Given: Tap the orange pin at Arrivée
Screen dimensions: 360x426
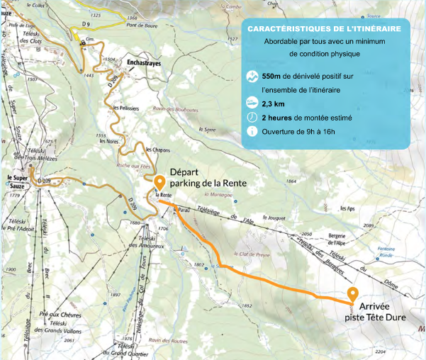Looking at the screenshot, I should click(352, 295).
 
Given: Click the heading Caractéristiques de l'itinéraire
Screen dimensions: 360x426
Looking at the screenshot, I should click(328, 29).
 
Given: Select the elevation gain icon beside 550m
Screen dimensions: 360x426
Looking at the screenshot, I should click(252, 77).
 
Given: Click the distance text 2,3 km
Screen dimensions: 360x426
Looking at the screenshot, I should click(274, 103).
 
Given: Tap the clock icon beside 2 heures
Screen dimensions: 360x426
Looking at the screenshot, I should click(252, 117).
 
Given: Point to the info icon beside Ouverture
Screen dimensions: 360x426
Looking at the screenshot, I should click(252, 131).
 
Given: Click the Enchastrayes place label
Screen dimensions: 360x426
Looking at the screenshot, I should click(145, 64).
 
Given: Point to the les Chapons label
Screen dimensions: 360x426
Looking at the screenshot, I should click(157, 150).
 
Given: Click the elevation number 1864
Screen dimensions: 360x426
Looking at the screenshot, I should click(290, 181).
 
